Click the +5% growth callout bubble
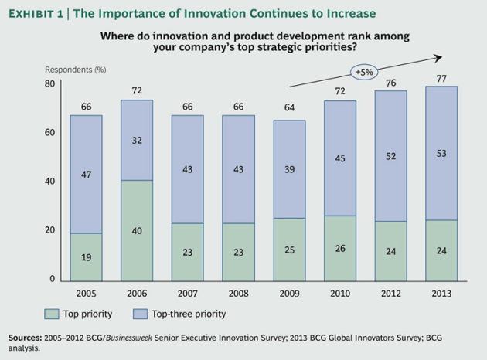click(363, 73)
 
